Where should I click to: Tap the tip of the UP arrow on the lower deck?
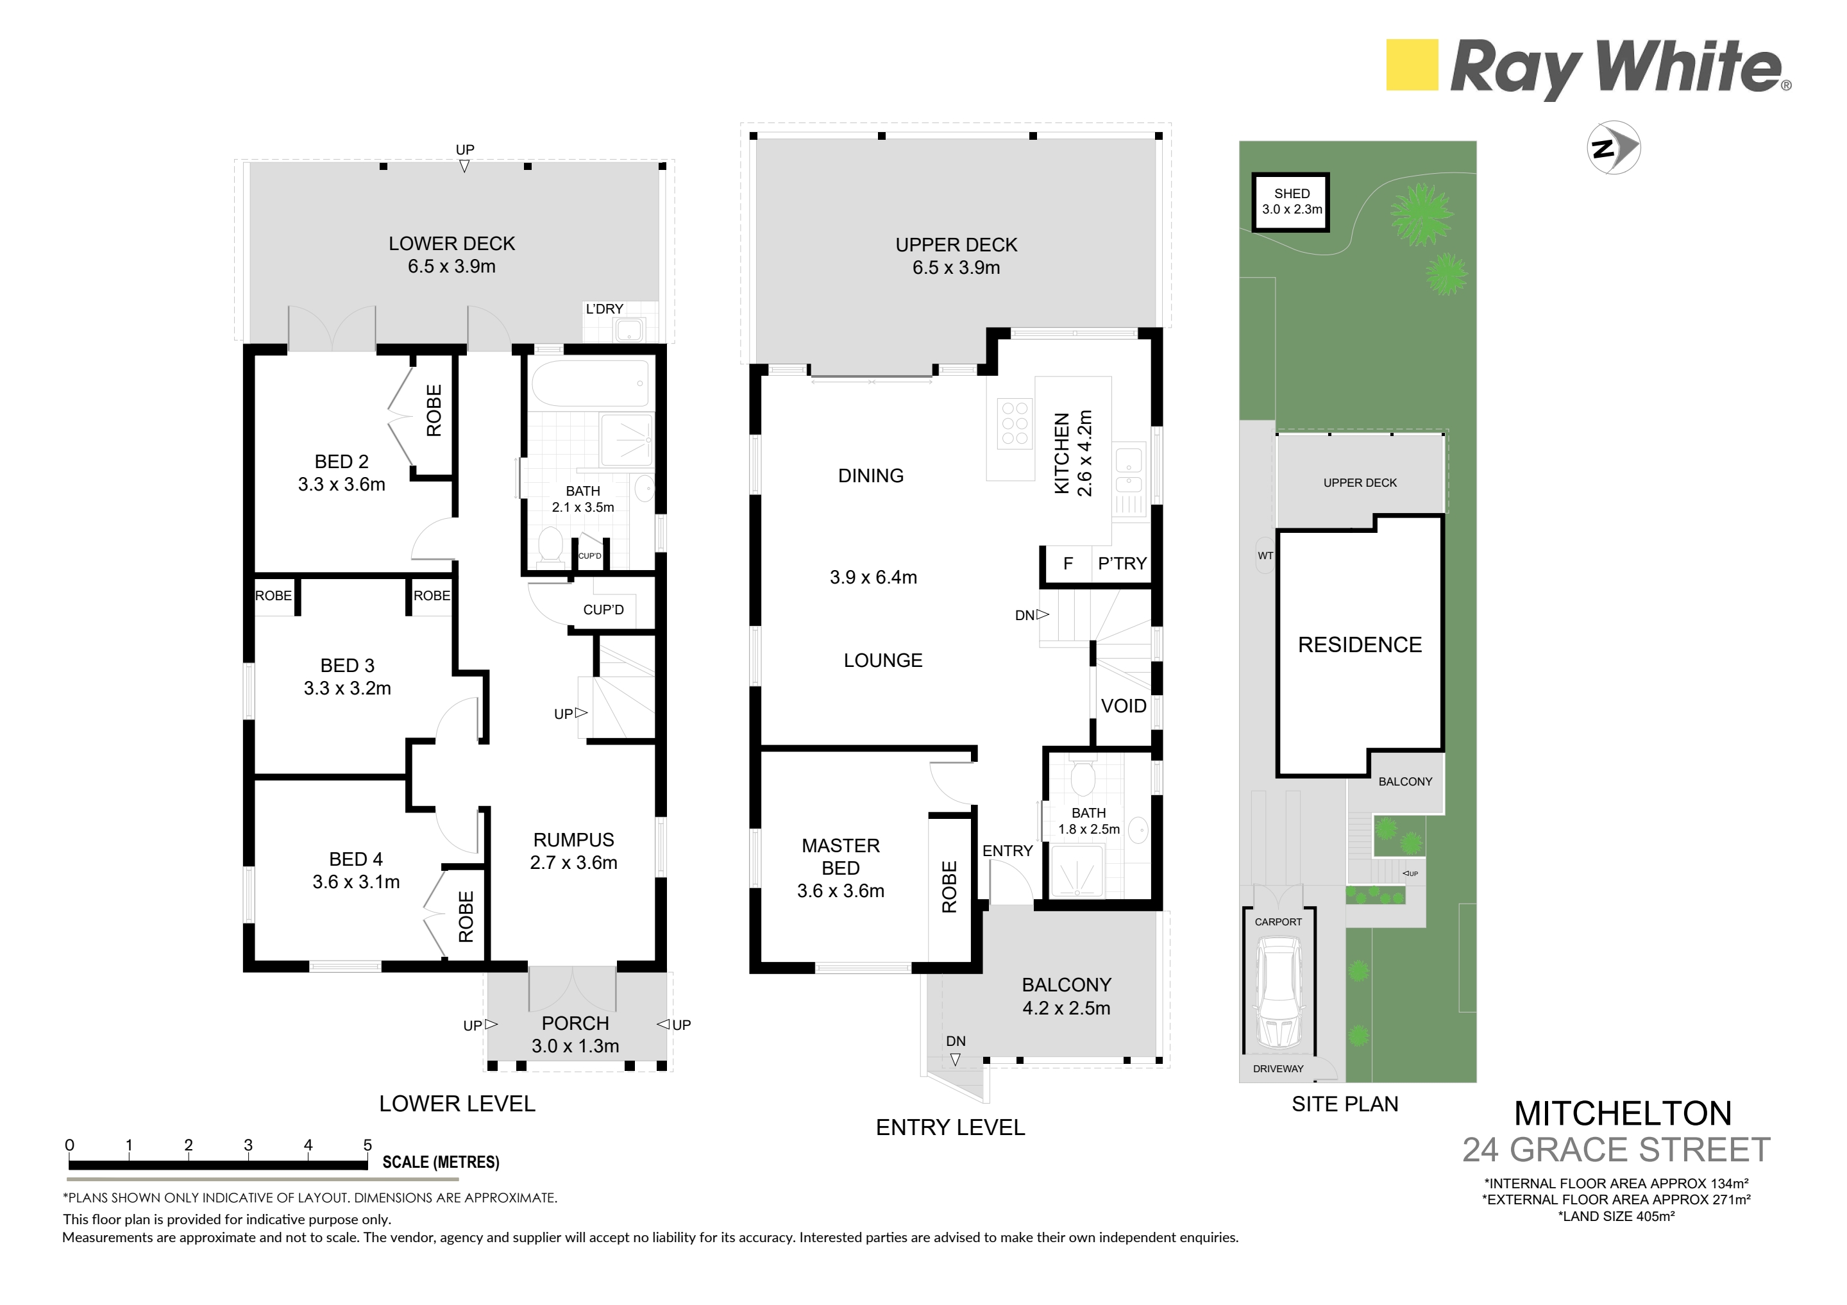464,172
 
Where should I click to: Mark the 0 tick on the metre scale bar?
70,1163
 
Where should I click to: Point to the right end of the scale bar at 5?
367,1163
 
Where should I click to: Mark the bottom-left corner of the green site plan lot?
1240,1082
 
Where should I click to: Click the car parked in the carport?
1278,997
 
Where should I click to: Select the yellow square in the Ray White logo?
1412,65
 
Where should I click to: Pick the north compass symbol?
1614,147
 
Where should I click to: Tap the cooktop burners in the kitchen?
1015,423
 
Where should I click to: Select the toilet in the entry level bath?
1082,775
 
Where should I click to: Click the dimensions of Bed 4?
357,882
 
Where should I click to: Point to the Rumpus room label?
573,840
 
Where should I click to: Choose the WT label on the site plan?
1265,555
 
